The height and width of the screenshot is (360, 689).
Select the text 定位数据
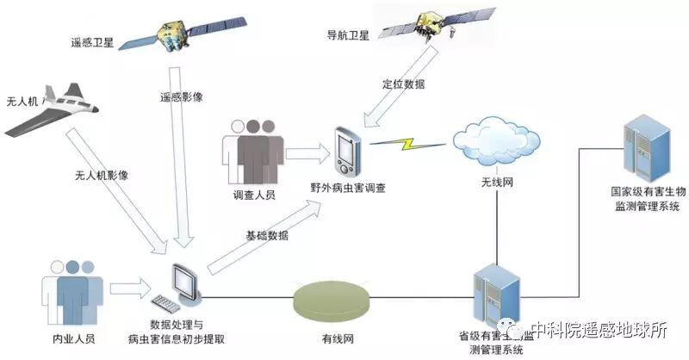[402, 84]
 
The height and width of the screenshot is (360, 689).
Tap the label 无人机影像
[102, 174]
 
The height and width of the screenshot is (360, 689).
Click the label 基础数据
[267, 236]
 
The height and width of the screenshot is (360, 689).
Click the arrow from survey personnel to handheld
[307, 153]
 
